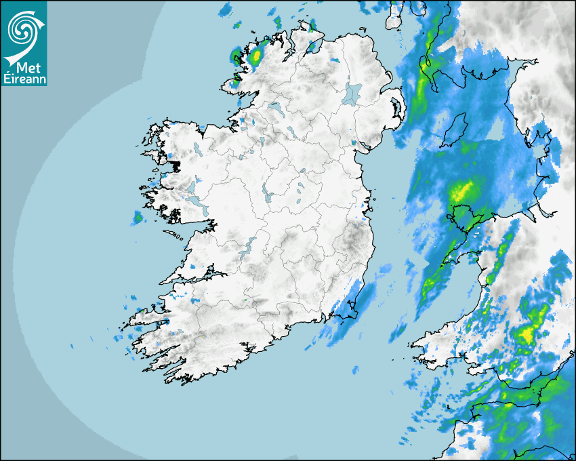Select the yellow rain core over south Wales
tap(527, 334)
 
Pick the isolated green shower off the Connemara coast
tap(138, 218)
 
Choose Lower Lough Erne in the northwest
tap(274, 106)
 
